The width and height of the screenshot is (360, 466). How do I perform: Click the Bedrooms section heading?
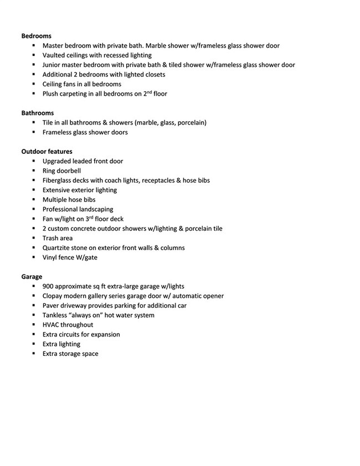pos(36,36)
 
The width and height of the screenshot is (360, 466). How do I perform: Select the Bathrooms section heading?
pos(38,113)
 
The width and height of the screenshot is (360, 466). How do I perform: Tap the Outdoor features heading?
pos(47,151)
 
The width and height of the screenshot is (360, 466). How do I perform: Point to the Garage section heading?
pos(32,276)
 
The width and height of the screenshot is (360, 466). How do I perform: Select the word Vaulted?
pos(54,55)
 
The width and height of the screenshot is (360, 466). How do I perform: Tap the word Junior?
pos(52,65)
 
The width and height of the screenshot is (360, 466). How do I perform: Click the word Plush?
pos(51,94)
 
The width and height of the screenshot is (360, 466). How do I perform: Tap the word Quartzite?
pos(57,247)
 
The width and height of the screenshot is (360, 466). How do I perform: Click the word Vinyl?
pos(50,257)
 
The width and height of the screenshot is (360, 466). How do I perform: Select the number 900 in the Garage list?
pos(48,286)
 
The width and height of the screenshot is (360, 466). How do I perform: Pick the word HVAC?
pos(52,324)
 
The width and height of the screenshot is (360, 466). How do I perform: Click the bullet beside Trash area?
pos(34,238)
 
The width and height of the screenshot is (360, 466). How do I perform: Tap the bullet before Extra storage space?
pos(34,353)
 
